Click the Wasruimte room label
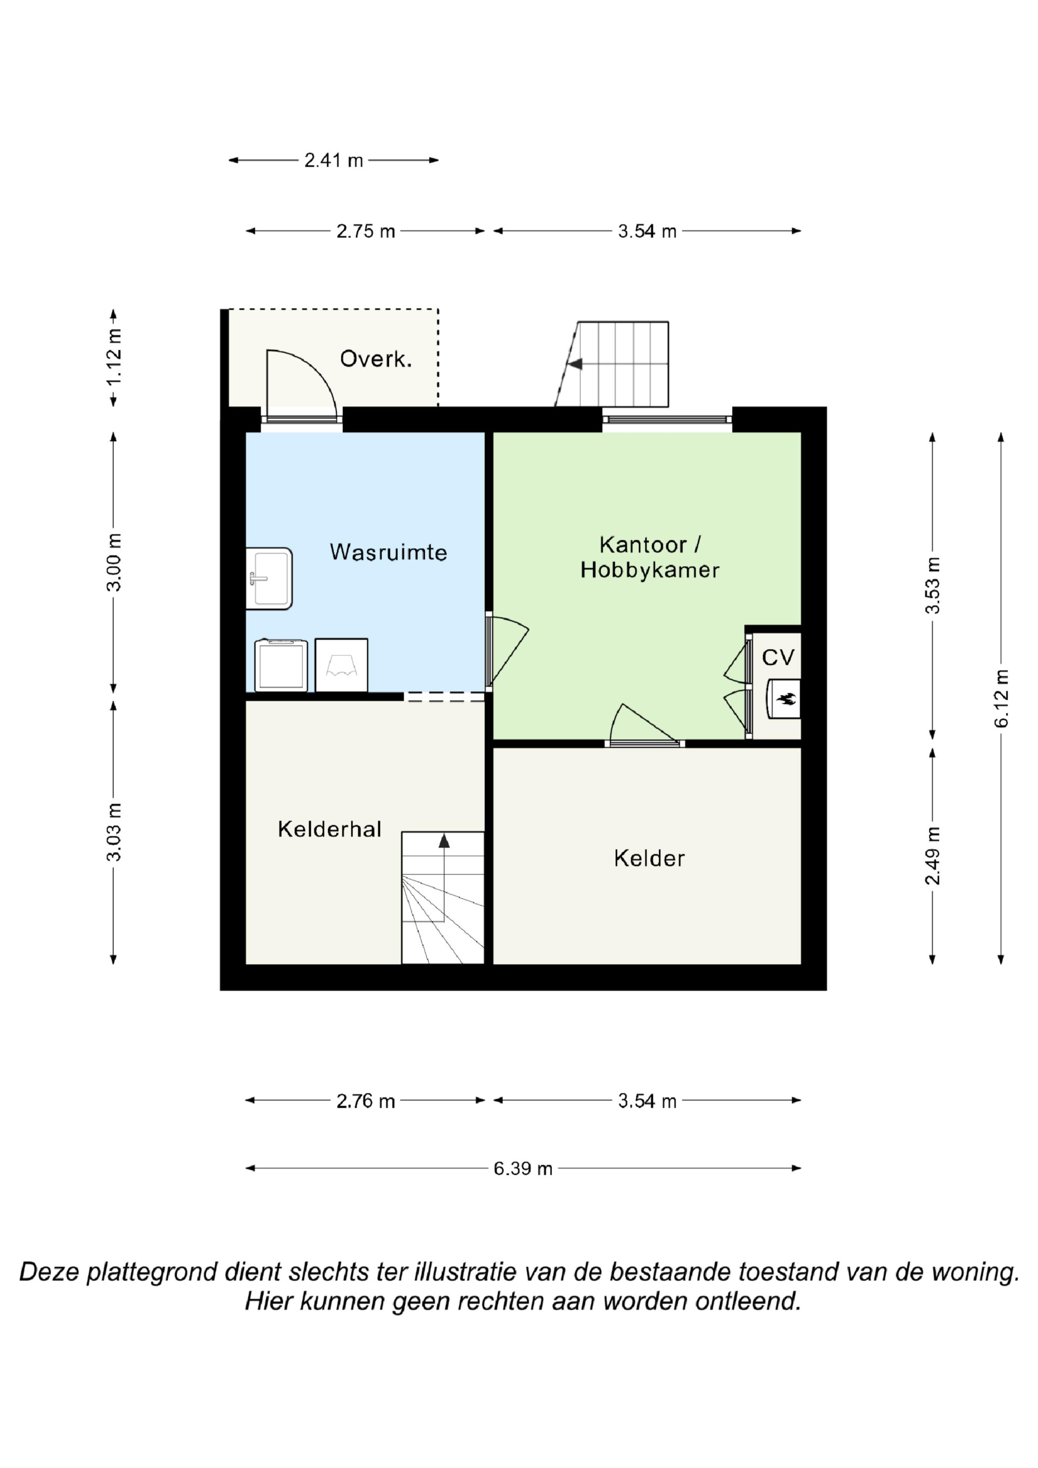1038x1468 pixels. pyautogui.click(x=388, y=552)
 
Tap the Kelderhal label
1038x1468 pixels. pyautogui.click(x=330, y=829)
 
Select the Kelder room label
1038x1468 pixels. pyautogui.click(x=649, y=858)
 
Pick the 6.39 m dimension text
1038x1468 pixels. pyautogui.click(x=523, y=1169)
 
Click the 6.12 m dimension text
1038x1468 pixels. pyautogui.click(x=1001, y=698)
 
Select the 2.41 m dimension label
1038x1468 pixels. pyautogui.click(x=333, y=160)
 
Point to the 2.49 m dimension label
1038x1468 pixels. pyautogui.click(x=933, y=856)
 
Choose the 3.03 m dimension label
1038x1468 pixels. pyautogui.click(x=113, y=832)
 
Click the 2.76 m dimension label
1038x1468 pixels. pyautogui.click(x=365, y=1101)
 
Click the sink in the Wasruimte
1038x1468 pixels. pyautogui.click(x=269, y=578)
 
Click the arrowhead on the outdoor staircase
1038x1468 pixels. pyautogui.click(x=575, y=364)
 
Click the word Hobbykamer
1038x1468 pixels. pyautogui.click(x=650, y=570)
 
